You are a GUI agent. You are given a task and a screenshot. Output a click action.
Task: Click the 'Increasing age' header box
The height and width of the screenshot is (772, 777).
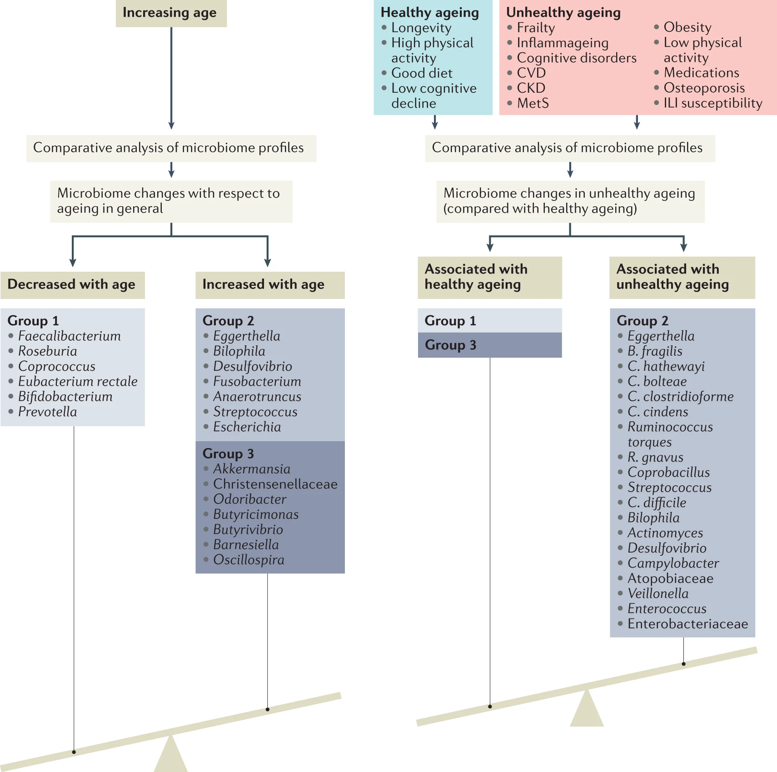click(x=171, y=13)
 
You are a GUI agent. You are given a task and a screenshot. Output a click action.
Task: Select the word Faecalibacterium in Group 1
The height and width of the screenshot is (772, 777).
click(x=69, y=336)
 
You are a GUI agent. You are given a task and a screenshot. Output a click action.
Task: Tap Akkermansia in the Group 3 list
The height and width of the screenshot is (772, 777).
click(x=251, y=469)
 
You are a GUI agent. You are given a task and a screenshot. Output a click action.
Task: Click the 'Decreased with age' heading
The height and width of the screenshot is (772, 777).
click(x=72, y=285)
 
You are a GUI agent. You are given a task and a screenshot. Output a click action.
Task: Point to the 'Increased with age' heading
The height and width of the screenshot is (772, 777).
click(x=264, y=285)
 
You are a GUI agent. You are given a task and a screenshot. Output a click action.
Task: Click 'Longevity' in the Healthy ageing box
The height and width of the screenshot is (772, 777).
click(x=421, y=28)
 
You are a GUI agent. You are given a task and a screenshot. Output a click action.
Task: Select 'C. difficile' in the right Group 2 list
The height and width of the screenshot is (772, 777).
click(x=657, y=503)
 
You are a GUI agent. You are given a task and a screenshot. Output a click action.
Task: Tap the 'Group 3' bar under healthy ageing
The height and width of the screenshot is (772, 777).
click(x=489, y=345)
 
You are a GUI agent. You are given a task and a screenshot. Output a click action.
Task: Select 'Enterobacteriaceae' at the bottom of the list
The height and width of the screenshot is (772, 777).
click(x=687, y=624)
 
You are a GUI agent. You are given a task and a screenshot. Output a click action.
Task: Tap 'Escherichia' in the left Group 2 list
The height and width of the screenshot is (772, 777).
click(x=247, y=427)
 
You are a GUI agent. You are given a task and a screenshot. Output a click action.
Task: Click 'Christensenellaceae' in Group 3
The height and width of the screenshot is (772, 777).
click(x=275, y=484)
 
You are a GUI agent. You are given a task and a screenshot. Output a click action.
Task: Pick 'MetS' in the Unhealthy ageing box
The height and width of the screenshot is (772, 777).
click(x=533, y=104)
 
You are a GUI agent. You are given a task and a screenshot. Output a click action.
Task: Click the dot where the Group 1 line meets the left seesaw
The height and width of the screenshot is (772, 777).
click(x=74, y=752)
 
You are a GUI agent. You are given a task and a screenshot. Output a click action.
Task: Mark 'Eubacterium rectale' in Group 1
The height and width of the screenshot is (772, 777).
click(x=77, y=382)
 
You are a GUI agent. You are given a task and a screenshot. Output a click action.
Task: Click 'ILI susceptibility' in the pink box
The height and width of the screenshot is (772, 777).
click(x=712, y=104)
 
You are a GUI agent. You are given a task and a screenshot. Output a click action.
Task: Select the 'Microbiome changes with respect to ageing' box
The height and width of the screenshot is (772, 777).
click(x=171, y=201)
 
